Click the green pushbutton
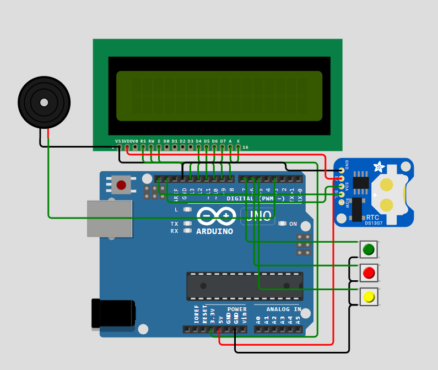pos(369,249)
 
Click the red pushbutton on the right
pos(369,273)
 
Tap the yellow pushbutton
pos(369,297)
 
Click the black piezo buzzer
pos(44,102)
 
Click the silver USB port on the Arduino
pos(109,219)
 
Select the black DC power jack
pos(113,313)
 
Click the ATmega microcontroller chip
pos(244,285)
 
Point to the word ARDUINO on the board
pos(214,231)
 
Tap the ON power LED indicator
pos(283,224)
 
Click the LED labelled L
pos(187,210)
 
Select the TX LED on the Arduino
pos(187,224)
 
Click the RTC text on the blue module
pos(372,217)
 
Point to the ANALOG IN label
pos(284,309)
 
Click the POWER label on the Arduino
pos(237,309)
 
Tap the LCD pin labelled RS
pos(143,147)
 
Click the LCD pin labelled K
pos(238,147)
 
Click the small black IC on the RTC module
pos(361,182)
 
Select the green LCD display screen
pos(219,95)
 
